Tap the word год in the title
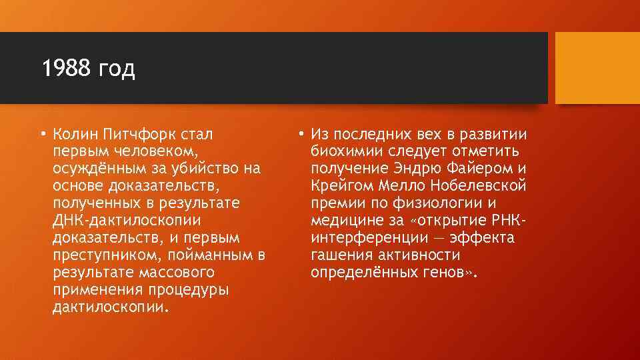116,70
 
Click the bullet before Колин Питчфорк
42,134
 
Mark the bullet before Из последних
301,134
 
